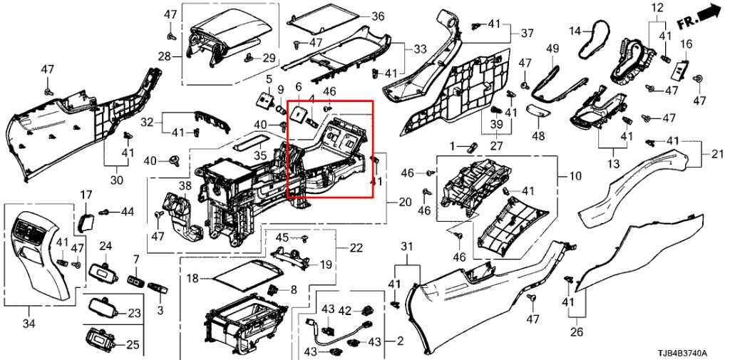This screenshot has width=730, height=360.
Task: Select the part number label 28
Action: tap(163, 56)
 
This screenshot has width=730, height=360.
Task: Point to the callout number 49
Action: tap(552, 48)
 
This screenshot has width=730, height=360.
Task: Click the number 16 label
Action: tap(687, 44)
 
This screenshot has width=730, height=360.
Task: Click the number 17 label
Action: tap(86, 194)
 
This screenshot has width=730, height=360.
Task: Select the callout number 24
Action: tap(106, 247)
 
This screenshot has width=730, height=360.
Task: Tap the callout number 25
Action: tap(133, 345)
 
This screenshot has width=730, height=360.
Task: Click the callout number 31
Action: tap(407, 247)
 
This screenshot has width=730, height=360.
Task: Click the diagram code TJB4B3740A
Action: tap(682, 353)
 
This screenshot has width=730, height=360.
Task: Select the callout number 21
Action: tap(717, 154)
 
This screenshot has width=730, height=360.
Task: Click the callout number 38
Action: tap(185, 187)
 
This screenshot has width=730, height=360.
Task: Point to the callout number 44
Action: tap(127, 211)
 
